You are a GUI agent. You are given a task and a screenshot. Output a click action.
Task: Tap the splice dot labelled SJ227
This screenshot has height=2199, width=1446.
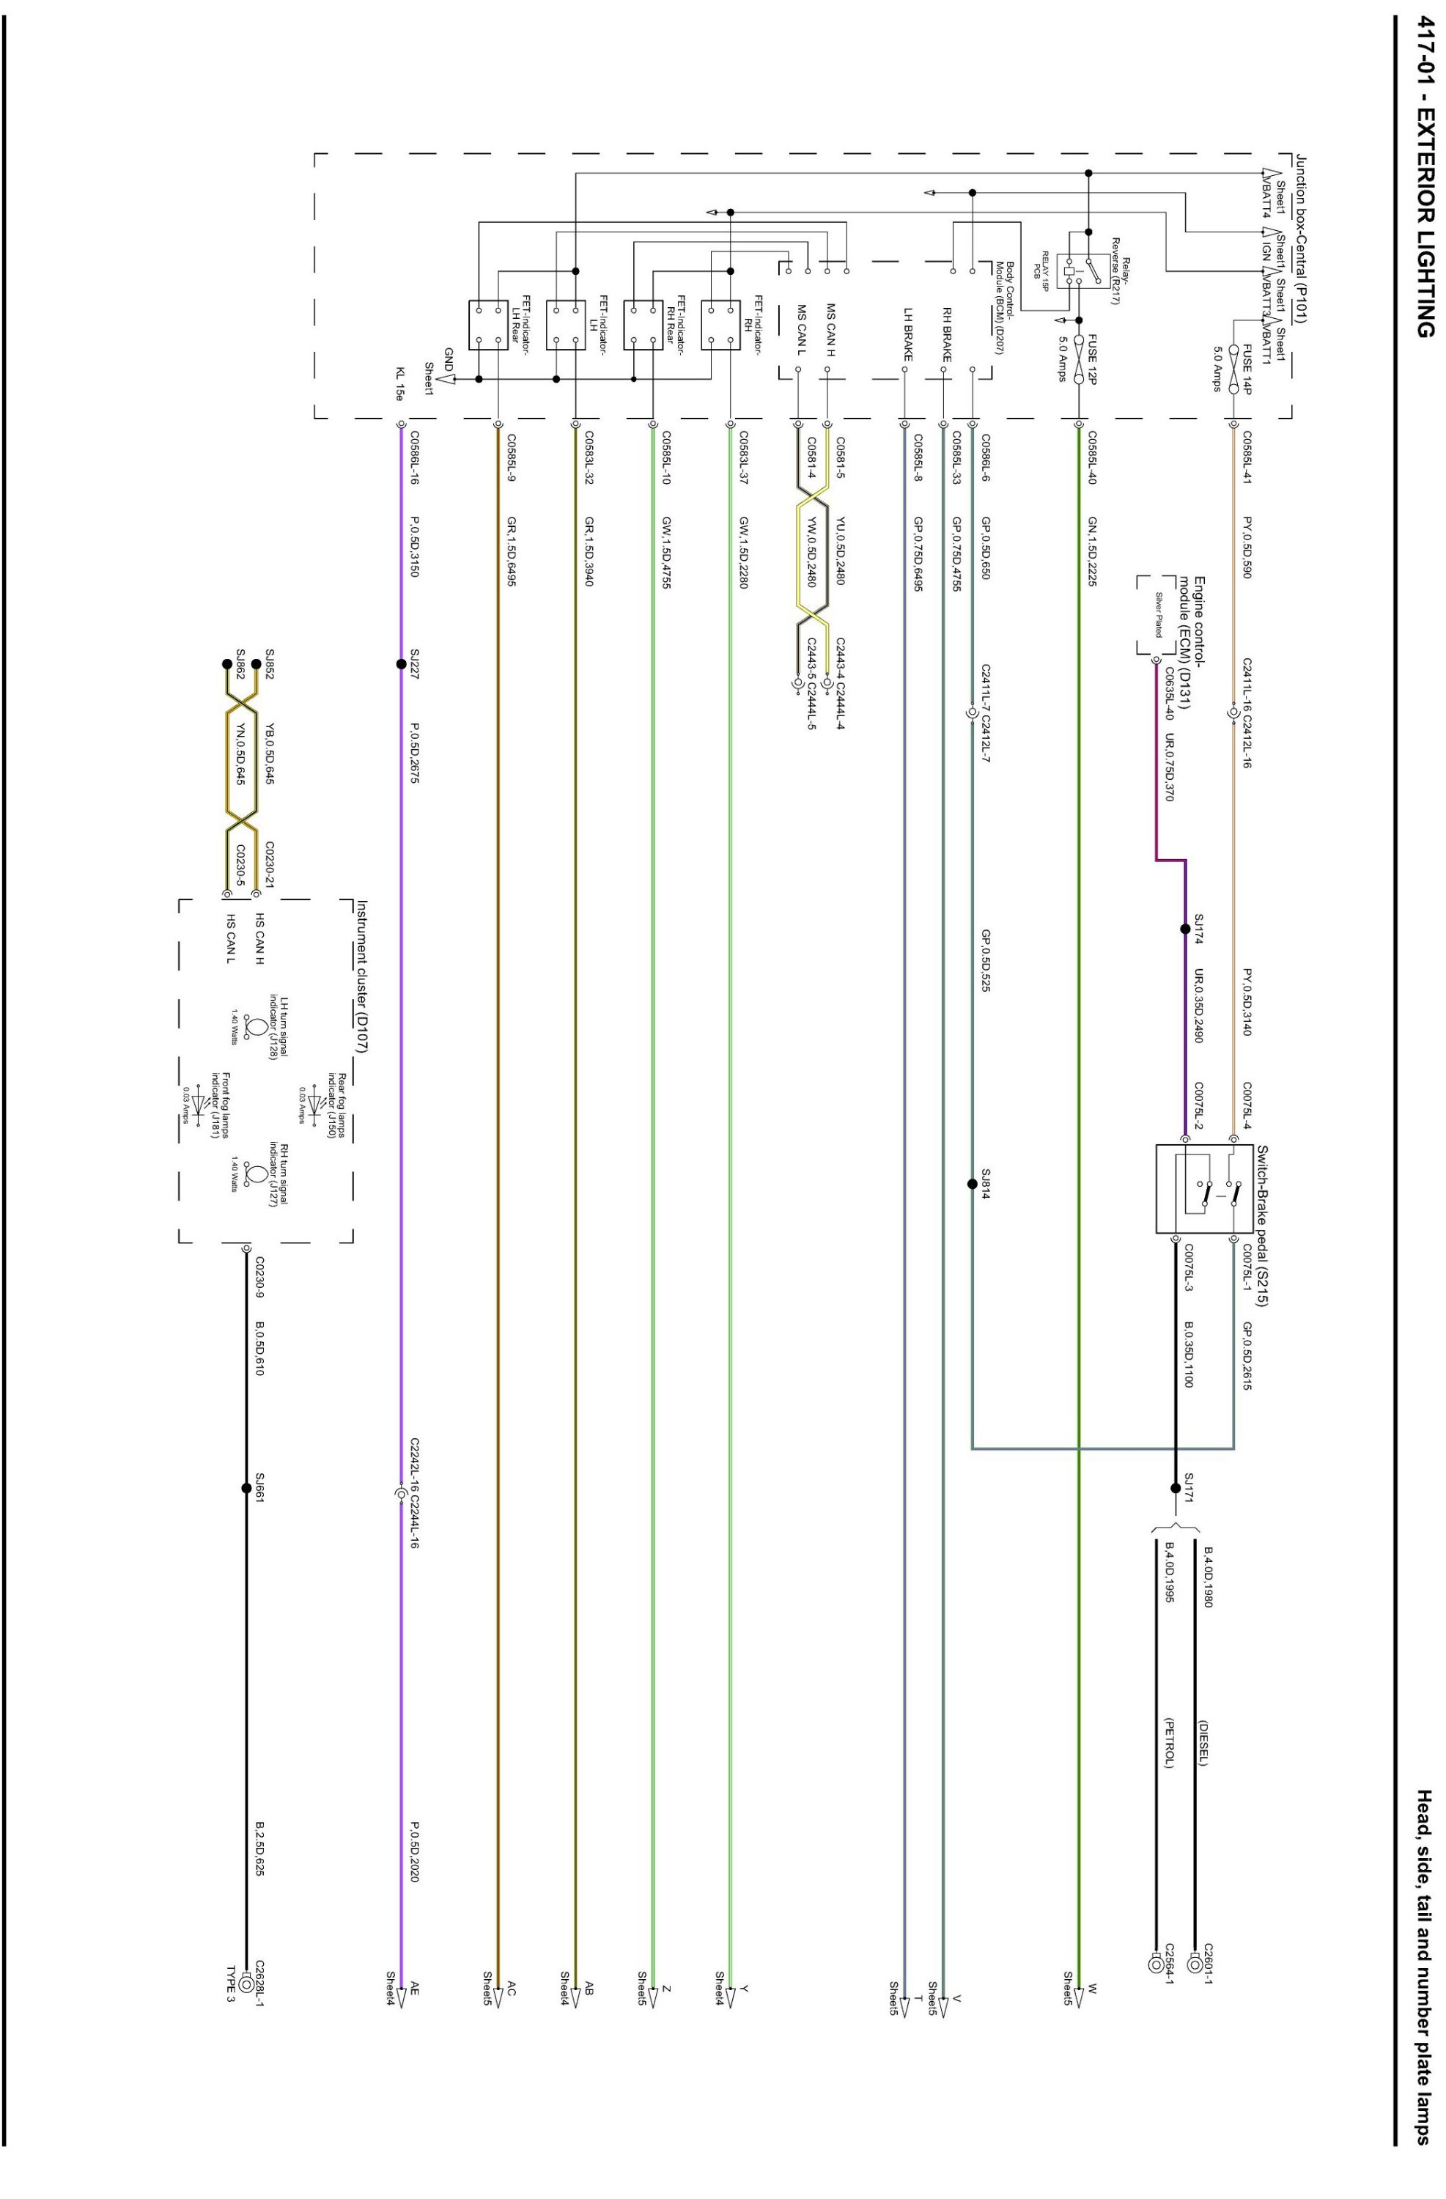401,663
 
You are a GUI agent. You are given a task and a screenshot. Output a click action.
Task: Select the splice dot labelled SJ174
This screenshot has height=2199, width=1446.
1184,929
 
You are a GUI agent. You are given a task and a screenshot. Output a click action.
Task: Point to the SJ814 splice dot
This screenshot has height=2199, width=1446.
972,1184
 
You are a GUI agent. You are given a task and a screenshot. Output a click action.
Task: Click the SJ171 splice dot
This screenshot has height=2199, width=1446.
1176,1487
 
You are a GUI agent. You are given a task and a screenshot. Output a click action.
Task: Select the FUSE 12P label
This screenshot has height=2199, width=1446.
1092,358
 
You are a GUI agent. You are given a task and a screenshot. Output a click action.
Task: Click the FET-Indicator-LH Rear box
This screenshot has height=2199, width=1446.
489,326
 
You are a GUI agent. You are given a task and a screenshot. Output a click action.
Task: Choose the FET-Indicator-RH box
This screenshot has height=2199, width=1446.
720,326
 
